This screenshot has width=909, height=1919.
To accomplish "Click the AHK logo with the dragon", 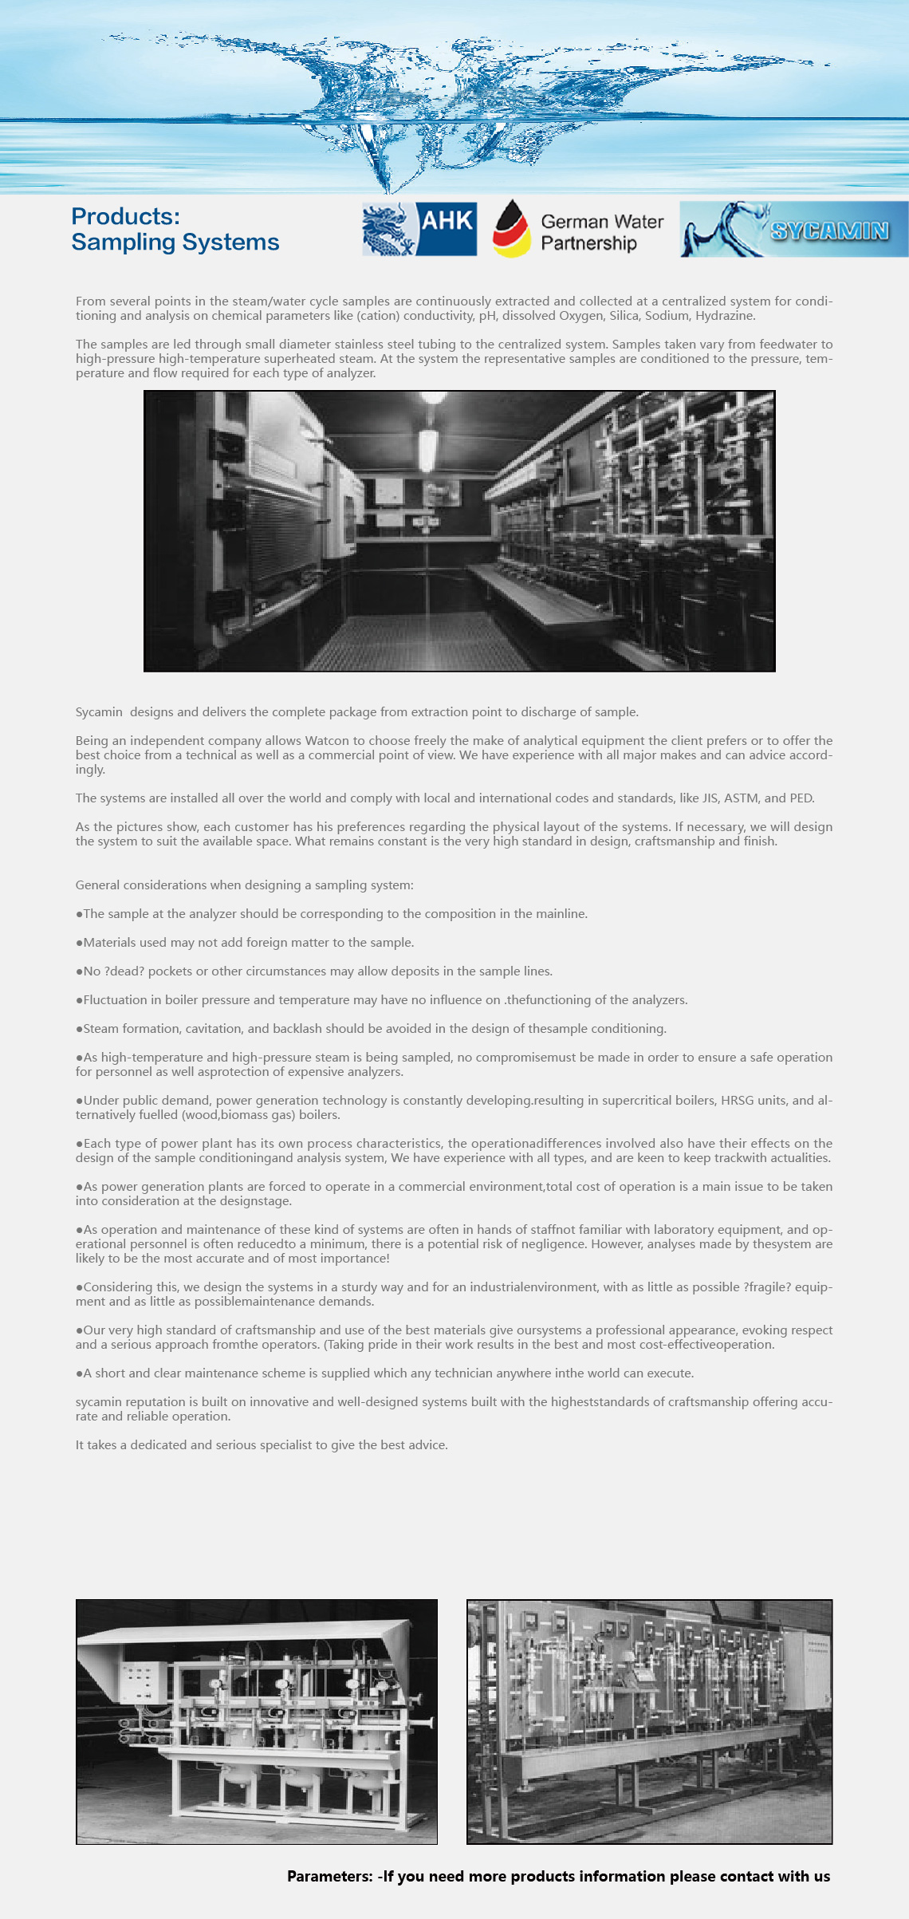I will pyautogui.click(x=419, y=229).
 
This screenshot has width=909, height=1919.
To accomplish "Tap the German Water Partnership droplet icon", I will pyautogui.click(x=512, y=229).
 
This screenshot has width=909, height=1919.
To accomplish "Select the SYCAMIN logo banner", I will pyautogui.click(x=793, y=230).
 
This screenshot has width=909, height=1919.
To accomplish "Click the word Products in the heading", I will pyautogui.click(x=125, y=217).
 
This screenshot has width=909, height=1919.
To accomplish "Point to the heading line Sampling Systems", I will pyautogui.click(x=175, y=242).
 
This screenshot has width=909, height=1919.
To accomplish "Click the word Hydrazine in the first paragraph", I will pyautogui.click(x=724, y=316).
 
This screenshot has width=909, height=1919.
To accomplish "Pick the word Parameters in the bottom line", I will pyautogui.click(x=329, y=1876).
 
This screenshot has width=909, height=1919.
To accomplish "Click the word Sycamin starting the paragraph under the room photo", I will pyautogui.click(x=99, y=712).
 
